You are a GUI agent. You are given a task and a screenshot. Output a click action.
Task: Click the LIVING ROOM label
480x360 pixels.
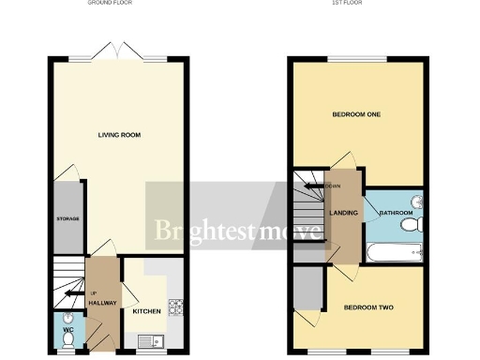[x=119, y=135]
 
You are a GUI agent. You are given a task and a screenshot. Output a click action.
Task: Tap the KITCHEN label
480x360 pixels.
[x=146, y=311]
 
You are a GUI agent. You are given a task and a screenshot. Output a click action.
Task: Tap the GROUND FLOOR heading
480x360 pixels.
[x=109, y=4]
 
